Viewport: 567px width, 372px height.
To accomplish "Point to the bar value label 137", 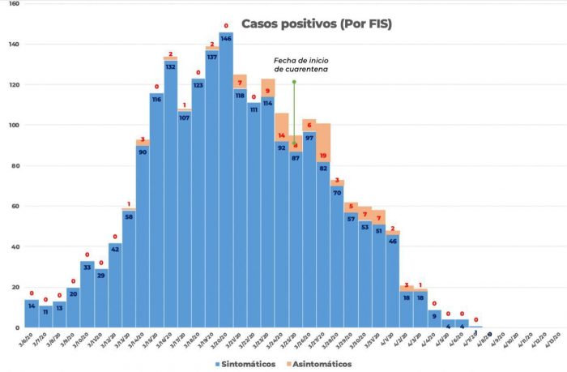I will coord(212,57).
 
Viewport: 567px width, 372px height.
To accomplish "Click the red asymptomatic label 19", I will coord(323,156).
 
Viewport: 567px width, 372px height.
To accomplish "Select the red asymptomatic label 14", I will coord(282,136).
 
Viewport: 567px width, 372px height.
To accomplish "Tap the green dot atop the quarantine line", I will coord(294,82).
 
